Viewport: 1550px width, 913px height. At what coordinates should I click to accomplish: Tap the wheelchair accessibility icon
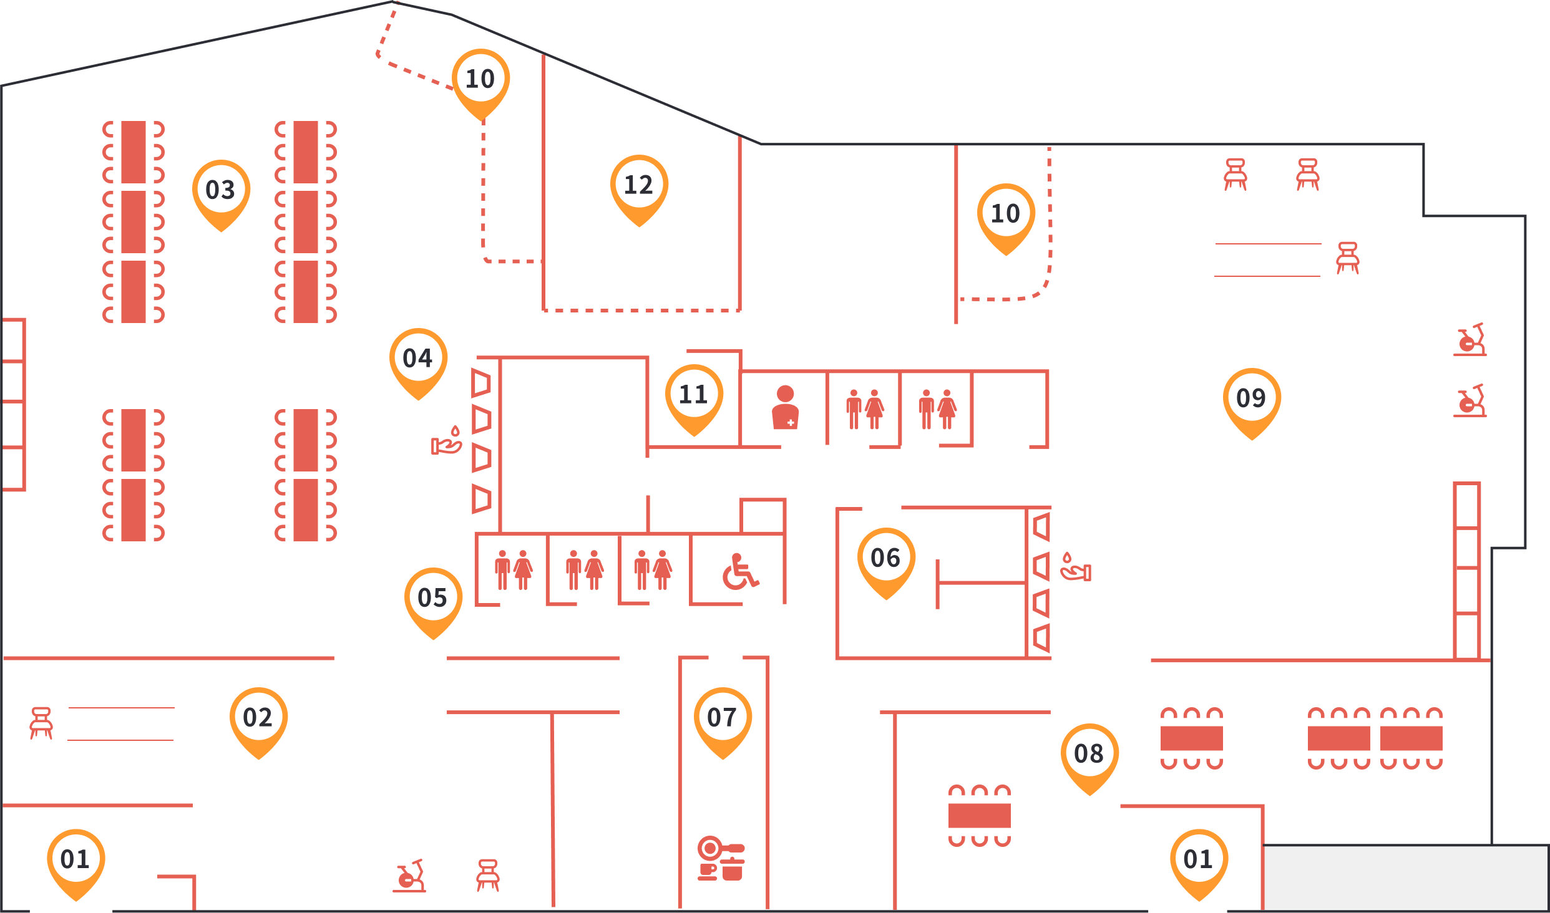point(740,571)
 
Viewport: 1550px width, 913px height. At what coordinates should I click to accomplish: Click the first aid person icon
point(785,408)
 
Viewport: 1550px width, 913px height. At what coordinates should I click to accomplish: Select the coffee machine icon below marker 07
point(721,859)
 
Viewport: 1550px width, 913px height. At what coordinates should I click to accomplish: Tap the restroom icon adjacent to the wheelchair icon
point(653,570)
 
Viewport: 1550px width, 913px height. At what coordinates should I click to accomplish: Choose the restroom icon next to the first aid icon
point(865,410)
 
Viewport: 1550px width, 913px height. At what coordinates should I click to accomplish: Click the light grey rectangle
point(1405,877)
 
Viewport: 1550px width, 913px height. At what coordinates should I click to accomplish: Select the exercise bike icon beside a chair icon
point(409,876)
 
